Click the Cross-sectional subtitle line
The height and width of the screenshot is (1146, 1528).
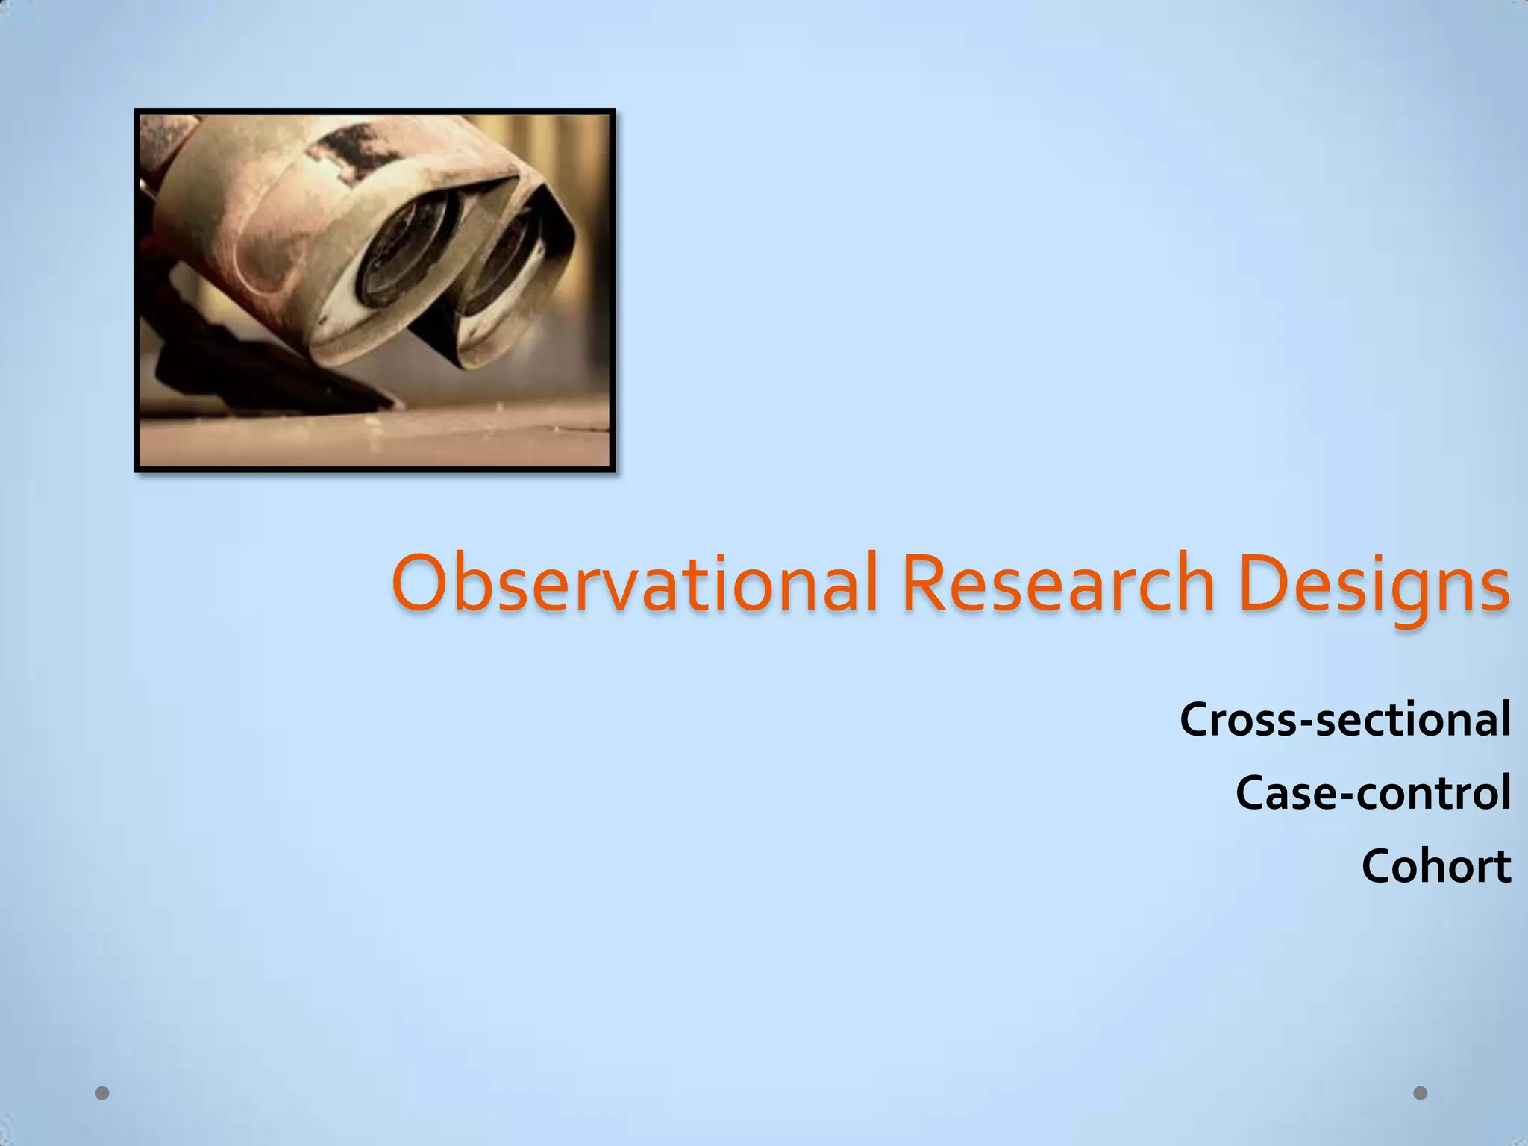(1344, 719)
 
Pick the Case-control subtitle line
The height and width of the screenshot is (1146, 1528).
(1373, 792)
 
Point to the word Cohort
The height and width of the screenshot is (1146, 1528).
(1436, 866)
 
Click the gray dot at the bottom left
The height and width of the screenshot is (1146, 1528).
(103, 1093)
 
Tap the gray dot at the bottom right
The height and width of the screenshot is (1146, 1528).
(1421, 1093)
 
